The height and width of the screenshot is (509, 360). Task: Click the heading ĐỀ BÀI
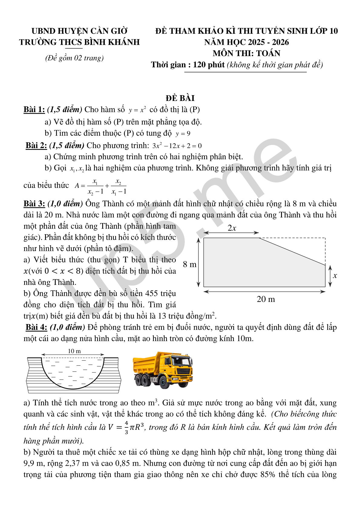pos(180,98)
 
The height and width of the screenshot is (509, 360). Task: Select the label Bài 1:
pos(34,109)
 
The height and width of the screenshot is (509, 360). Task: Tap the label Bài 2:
pos(36,145)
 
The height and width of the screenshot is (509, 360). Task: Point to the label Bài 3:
pos(34,203)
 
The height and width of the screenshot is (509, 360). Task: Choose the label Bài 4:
pos(36,327)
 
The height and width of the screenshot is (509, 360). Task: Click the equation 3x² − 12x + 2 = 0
pos(177,146)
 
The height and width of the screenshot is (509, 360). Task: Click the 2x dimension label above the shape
pos(232,228)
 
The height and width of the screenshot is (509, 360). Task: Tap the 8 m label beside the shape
pos(190,264)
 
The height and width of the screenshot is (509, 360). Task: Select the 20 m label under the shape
pos(266,299)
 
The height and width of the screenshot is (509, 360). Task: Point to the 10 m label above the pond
pos(74,351)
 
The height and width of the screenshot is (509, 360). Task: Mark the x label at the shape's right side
pos(335,276)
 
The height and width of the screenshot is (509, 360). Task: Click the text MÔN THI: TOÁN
pos(246,53)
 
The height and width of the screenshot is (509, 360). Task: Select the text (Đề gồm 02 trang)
pos(74,58)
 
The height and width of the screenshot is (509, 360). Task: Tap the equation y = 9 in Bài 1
pos(183,134)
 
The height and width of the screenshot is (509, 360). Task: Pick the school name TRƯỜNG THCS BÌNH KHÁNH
pos(79,42)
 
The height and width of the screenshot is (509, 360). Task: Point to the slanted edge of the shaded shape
pos(292,251)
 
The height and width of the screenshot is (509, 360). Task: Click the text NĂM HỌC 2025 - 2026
pos(246,42)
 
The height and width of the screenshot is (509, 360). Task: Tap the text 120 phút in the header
pos(209,65)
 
